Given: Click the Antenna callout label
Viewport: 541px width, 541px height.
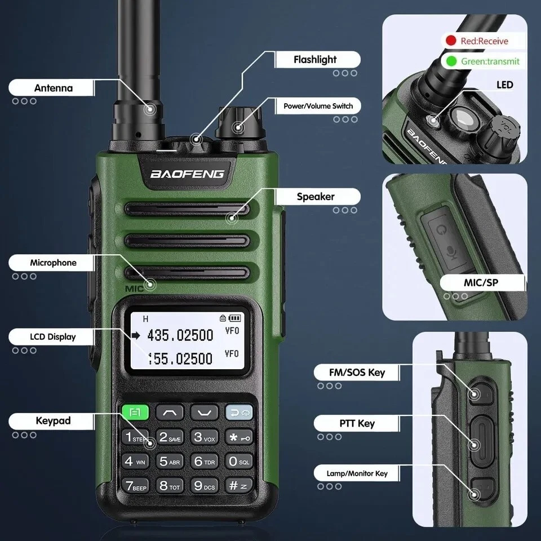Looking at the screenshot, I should [53, 88].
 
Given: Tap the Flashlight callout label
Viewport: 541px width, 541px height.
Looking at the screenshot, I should [315, 59].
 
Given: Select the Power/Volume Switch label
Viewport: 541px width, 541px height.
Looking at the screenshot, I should [318, 106].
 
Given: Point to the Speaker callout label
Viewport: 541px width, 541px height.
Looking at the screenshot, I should [316, 197].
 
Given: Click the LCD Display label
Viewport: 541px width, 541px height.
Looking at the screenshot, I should [53, 336].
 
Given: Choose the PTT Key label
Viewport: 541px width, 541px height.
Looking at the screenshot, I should [358, 423].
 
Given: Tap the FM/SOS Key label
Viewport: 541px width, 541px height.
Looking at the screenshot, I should [357, 373].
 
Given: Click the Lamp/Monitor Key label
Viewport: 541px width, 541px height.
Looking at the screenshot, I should [357, 473].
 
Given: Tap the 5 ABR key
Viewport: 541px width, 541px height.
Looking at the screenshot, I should [170, 462].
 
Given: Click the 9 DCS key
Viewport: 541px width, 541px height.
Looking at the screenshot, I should [204, 485].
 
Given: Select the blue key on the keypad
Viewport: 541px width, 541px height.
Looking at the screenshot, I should [239, 413].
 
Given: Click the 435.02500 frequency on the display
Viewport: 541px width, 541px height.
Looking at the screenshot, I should [180, 336].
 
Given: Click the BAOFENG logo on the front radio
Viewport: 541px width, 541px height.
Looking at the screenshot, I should [187, 174].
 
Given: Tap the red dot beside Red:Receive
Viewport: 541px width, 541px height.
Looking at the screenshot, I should [451, 41].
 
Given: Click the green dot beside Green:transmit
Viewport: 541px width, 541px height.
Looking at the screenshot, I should [451, 61].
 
